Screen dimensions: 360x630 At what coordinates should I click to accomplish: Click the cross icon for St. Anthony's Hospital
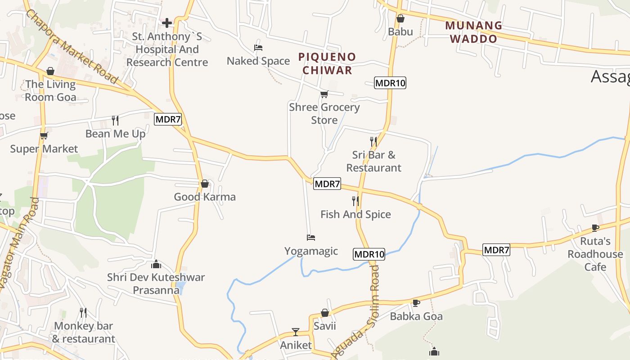click(x=167, y=22)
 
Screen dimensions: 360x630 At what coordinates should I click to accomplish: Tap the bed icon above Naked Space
click(x=258, y=48)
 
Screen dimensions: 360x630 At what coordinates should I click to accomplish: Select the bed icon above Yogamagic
click(x=310, y=237)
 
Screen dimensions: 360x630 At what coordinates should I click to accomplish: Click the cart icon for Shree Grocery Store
click(x=324, y=94)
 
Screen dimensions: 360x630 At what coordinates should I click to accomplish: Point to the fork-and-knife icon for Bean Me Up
click(x=115, y=120)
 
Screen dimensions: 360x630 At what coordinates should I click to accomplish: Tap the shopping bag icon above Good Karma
click(x=205, y=184)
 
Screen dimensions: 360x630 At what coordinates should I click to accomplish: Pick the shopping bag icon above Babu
click(x=400, y=18)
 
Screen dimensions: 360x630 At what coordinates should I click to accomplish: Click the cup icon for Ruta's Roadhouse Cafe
click(x=595, y=228)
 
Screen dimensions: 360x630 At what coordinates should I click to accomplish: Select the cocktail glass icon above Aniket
click(x=296, y=332)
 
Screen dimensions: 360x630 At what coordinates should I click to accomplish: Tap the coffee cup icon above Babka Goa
click(x=416, y=303)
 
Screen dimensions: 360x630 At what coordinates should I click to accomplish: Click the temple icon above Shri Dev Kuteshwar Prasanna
click(x=156, y=264)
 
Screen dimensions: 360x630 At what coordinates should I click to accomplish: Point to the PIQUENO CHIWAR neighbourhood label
click(x=327, y=63)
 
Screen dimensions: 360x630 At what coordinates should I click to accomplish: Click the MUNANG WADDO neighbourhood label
click(x=473, y=32)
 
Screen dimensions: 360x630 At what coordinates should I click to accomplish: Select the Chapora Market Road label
click(x=72, y=46)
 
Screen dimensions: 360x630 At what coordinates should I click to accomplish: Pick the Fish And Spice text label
click(x=355, y=214)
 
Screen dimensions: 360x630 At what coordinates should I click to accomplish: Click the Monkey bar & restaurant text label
click(x=84, y=332)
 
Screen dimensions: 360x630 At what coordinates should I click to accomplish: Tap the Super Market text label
click(x=44, y=149)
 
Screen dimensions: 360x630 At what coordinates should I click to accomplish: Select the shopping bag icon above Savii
click(x=324, y=313)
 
